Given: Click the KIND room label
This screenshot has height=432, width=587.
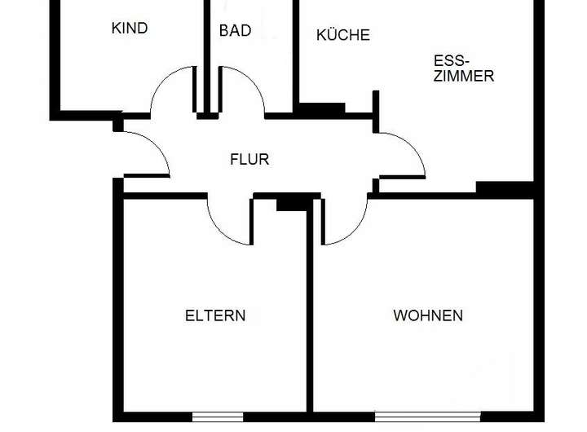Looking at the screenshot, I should (x=129, y=29).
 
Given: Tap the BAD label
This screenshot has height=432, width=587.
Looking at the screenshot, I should (x=235, y=31).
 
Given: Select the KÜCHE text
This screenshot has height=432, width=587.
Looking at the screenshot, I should (x=342, y=35).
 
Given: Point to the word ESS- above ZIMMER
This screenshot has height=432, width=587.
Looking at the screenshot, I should (x=450, y=60).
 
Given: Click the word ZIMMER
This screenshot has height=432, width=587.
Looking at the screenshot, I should (x=464, y=76).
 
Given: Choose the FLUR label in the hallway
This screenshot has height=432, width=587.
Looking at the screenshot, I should (x=249, y=160).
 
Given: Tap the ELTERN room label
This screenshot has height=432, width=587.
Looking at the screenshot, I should (x=215, y=315).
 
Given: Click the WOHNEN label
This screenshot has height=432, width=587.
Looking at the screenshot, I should (x=428, y=315).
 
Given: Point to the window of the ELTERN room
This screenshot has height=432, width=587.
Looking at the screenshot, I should (x=218, y=417).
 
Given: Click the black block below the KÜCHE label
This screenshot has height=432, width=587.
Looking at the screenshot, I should (x=320, y=108).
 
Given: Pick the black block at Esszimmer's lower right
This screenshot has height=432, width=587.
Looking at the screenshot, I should (x=504, y=188).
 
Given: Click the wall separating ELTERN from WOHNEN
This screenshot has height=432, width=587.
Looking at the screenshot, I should (x=310, y=318).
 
